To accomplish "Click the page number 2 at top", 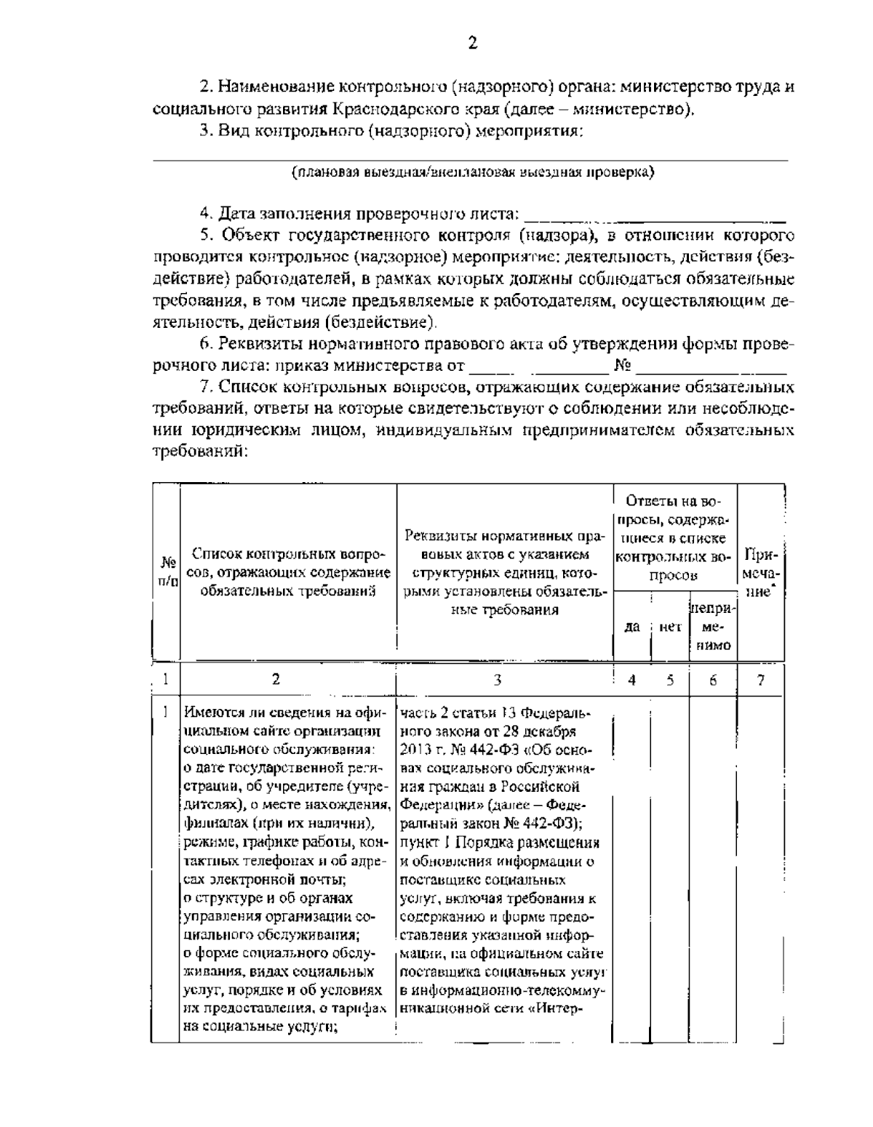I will pyautogui.click(x=472, y=43).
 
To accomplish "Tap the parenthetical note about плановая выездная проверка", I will pyautogui.click(x=471, y=172).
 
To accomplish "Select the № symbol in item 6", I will pyautogui.click(x=622, y=364).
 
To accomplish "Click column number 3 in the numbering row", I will pyautogui.click(x=497, y=680).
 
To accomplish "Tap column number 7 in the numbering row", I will pyautogui.click(x=760, y=680).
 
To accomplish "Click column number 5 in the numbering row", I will pyautogui.click(x=669, y=680).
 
